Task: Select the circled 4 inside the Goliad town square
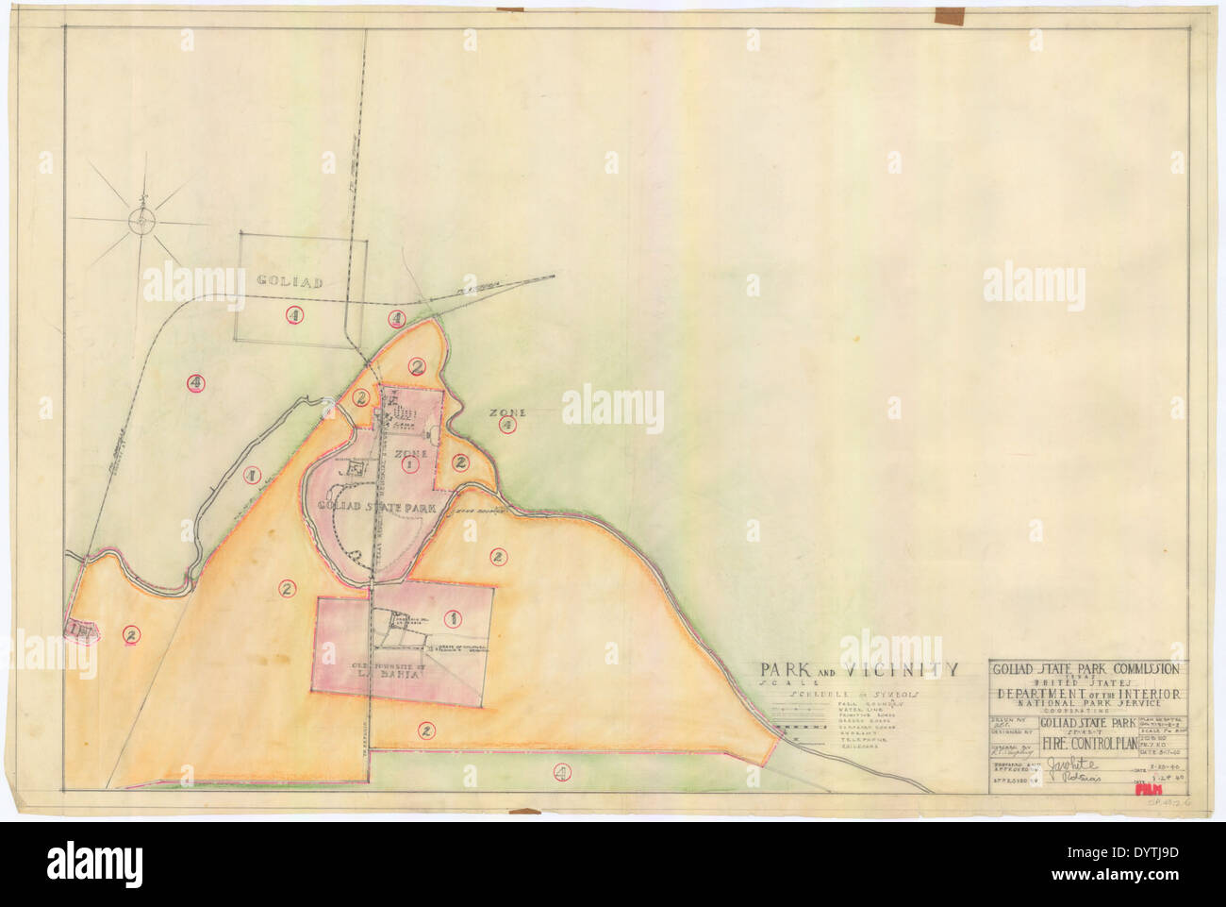[296, 316]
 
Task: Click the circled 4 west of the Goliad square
[195, 382]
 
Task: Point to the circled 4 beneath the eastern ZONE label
[506, 426]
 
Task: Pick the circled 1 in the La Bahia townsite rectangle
[452, 618]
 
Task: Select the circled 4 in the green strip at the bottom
[561, 771]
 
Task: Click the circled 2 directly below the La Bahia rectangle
[426, 730]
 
